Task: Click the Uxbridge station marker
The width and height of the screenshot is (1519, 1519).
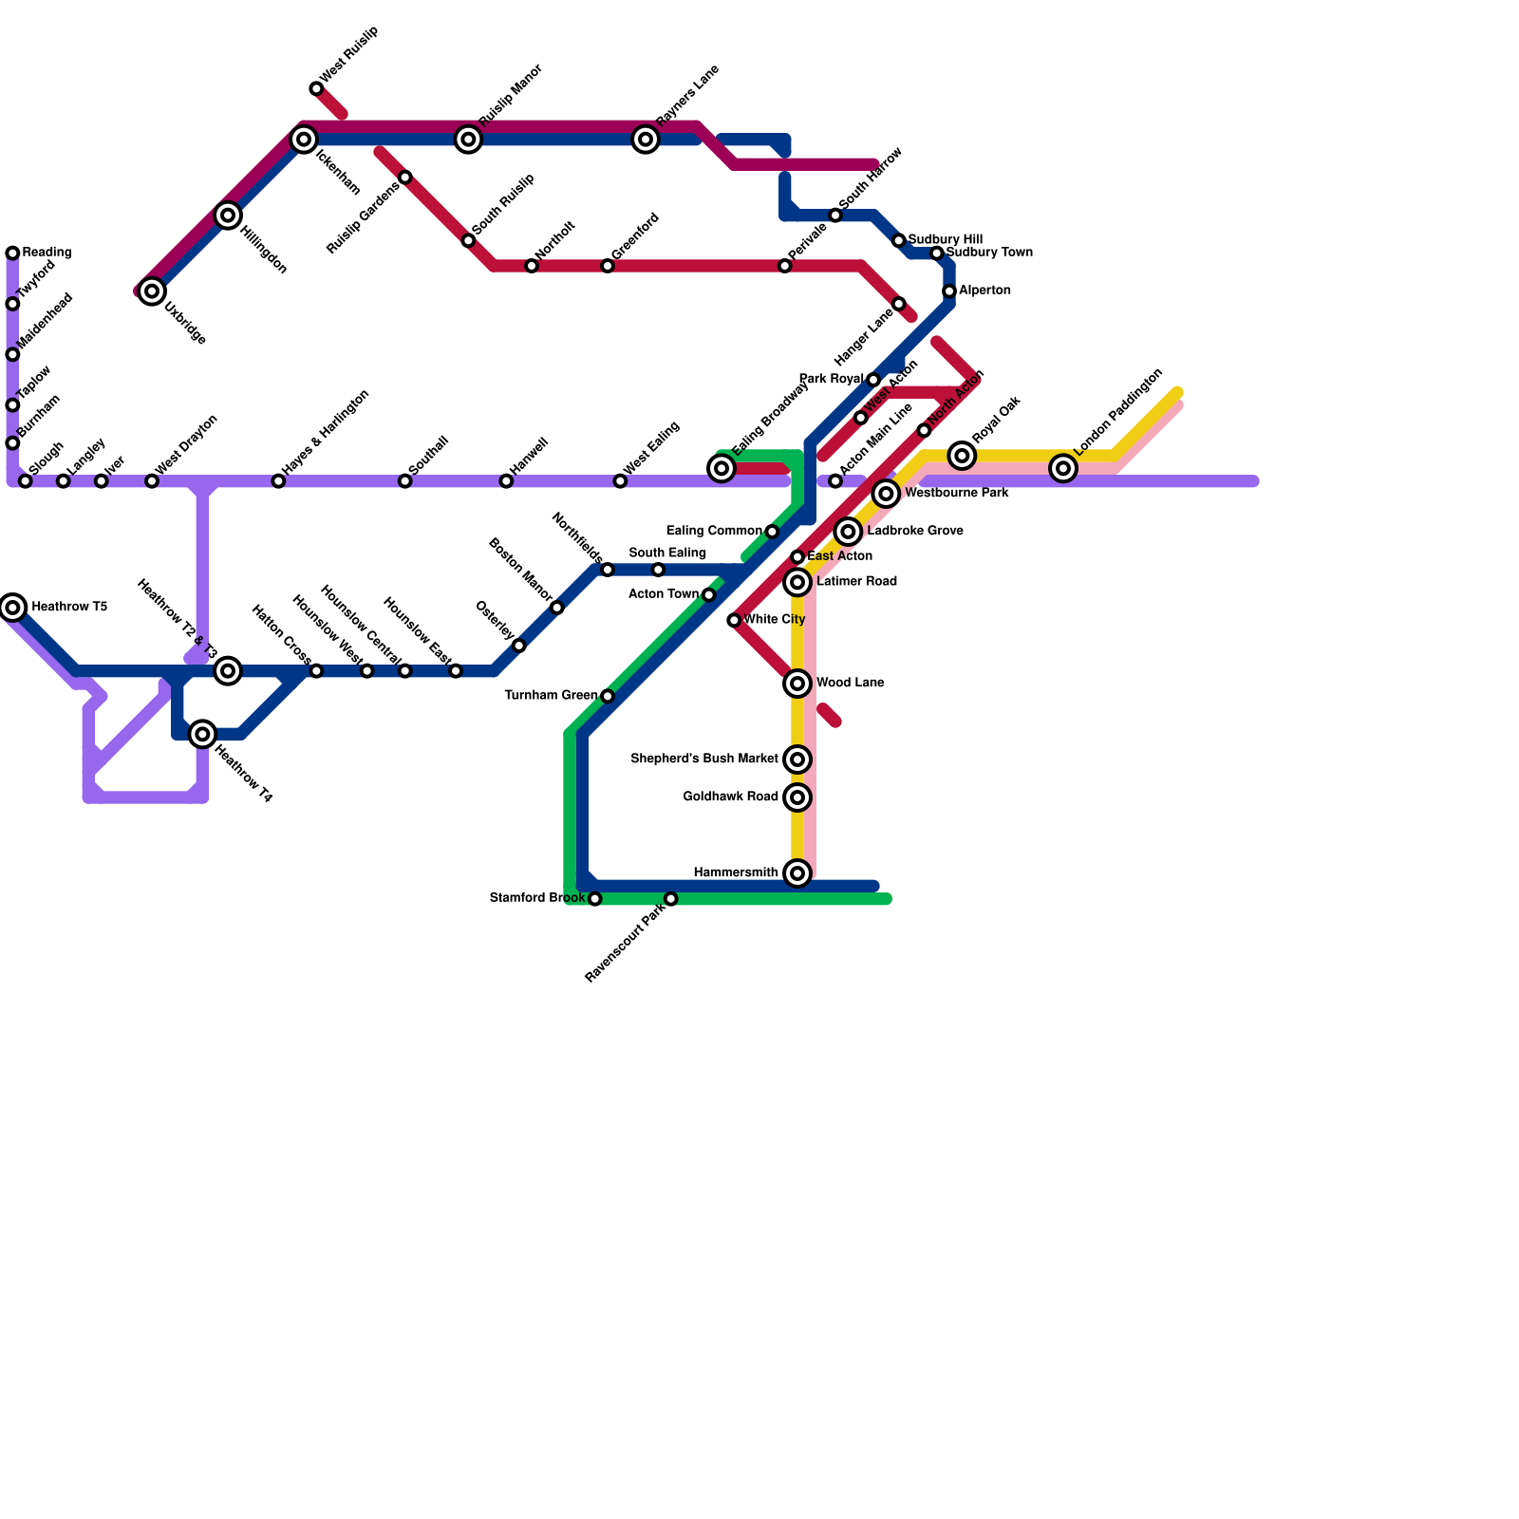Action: (152, 291)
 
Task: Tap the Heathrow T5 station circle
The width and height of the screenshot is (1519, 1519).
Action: (12, 607)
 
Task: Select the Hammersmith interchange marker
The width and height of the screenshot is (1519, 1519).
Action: (797, 873)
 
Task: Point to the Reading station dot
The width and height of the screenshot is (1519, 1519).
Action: (12, 253)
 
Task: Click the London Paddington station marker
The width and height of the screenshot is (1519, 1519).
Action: (1063, 468)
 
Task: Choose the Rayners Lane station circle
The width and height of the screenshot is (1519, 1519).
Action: (646, 140)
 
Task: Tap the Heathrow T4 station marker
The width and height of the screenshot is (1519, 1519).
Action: (202, 734)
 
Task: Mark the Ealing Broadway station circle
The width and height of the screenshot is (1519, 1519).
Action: (722, 468)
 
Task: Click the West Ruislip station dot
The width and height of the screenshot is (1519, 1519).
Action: (316, 89)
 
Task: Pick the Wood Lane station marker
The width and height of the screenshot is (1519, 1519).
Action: (797, 684)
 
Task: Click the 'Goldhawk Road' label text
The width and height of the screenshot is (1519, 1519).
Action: (730, 797)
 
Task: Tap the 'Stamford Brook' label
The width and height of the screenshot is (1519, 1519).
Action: (536, 898)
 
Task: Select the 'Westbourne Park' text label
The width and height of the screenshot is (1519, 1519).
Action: (956, 494)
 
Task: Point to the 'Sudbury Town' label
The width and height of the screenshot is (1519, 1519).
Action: (989, 253)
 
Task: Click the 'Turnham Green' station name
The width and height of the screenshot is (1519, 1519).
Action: (551, 696)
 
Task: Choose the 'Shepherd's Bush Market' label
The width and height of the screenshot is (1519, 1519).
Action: (703, 759)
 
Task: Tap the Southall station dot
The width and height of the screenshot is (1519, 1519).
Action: (404, 481)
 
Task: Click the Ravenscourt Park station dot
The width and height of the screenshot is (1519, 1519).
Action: (670, 899)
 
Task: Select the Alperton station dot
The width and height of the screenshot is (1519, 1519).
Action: (949, 291)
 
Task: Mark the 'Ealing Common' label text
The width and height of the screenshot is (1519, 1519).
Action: (714, 531)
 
